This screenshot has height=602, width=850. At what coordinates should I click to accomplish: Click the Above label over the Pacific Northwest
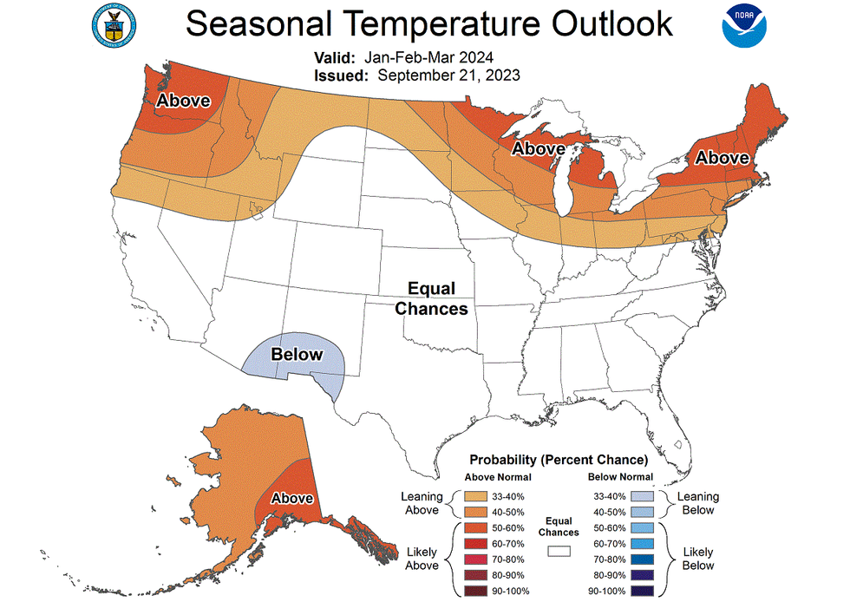tap(183, 101)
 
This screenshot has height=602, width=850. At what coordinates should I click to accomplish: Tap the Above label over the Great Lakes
tap(538, 148)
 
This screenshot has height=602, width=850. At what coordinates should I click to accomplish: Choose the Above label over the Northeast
tap(722, 158)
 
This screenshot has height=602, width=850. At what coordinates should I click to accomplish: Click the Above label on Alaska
tap(292, 498)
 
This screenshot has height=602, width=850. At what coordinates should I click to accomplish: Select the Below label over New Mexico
tap(297, 354)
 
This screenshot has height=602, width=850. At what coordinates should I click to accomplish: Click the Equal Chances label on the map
tap(437, 298)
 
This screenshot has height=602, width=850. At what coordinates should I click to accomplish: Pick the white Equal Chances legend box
tap(557, 550)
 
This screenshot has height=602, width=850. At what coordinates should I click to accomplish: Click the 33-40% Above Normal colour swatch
tap(475, 496)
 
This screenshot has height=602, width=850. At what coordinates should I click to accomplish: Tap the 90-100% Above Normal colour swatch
tap(475, 592)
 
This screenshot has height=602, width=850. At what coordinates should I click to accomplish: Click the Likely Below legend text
tap(697, 559)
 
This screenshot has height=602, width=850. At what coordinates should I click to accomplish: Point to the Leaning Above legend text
tap(422, 503)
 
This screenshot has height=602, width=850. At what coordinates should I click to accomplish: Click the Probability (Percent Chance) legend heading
tap(559, 459)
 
